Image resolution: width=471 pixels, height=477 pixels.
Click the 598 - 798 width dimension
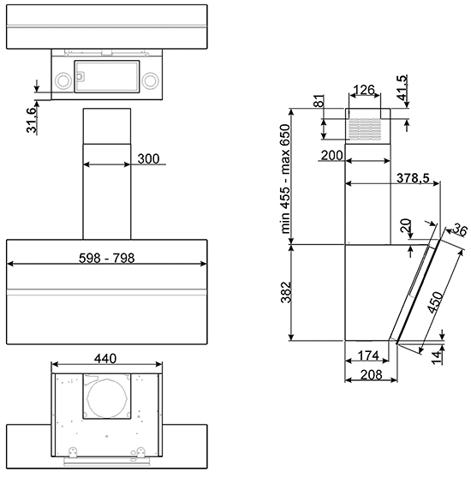click(106, 259)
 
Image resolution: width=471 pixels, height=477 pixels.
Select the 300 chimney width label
click(148, 158)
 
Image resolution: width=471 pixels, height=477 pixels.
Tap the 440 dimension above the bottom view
click(105, 359)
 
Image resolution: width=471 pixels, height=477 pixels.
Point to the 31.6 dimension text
click(32, 120)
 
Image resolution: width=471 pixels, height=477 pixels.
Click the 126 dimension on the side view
click(364, 90)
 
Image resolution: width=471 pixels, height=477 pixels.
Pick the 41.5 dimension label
click(402, 87)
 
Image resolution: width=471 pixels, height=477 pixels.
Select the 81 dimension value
click(319, 101)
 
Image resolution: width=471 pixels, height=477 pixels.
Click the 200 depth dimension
click(332, 156)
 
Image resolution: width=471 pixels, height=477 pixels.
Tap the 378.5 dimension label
click(413, 178)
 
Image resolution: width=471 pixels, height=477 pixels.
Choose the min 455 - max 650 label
click(285, 179)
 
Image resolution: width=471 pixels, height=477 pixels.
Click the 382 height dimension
click(286, 292)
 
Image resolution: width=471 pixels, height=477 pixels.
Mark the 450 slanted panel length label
click(435, 302)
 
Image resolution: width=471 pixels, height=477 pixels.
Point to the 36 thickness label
click(460, 230)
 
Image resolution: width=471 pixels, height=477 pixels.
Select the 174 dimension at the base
click(368, 355)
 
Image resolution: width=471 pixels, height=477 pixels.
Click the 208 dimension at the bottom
click(371, 375)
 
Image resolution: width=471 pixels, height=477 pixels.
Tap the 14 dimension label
click(437, 357)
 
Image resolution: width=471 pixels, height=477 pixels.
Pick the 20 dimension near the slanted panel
click(406, 226)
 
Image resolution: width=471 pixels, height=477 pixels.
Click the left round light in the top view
click(63, 80)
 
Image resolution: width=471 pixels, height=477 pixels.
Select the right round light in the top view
click(151, 80)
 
